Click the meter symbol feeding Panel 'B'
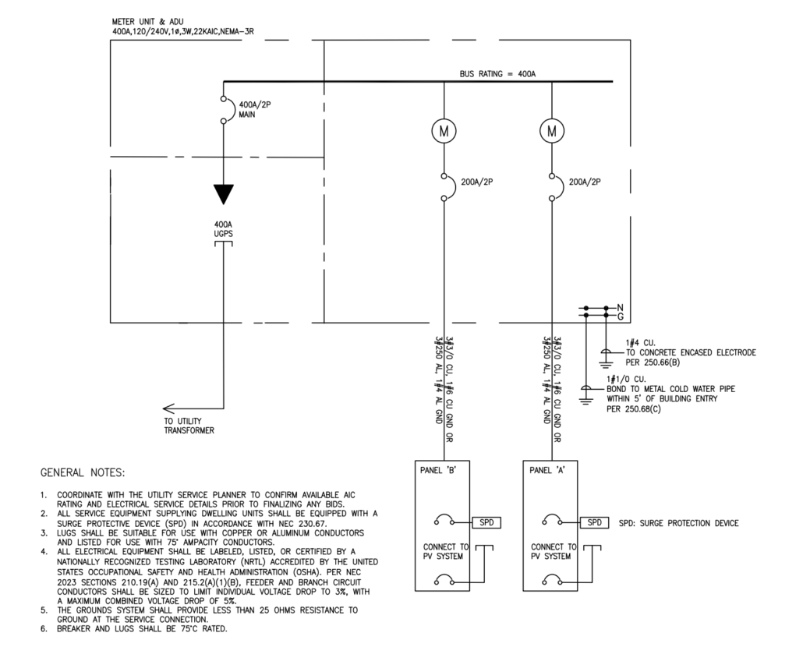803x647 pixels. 444,131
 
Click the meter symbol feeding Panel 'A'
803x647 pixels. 551,131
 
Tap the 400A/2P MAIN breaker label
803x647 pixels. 254,109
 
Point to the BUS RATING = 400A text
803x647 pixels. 497,74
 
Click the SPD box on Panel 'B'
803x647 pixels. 486,522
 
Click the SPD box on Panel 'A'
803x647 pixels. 595,522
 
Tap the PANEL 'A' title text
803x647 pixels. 547,470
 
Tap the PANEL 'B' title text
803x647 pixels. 438,470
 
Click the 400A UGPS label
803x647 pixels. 223,229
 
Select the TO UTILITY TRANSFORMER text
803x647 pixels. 189,426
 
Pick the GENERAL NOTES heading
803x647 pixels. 83,472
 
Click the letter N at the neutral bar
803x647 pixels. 620,308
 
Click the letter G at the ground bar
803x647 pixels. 620,316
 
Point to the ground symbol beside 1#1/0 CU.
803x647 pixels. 586,394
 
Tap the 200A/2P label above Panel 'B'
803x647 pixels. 477,182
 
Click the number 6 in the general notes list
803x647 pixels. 44,628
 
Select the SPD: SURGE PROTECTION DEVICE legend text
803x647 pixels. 678,523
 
